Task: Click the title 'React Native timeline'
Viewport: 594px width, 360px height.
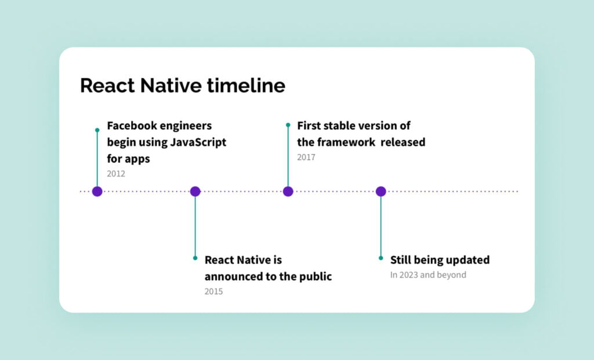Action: (182, 86)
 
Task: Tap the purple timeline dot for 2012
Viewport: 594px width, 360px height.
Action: (97, 191)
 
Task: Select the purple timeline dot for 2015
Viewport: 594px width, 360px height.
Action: (195, 191)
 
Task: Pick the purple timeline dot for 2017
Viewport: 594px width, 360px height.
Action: (288, 191)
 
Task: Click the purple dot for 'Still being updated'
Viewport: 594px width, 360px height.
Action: (381, 191)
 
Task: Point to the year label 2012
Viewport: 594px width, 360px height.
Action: (116, 173)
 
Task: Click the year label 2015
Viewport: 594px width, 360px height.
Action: (213, 291)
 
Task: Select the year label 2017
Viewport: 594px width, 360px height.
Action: (306, 157)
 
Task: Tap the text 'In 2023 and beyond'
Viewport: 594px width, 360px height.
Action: (428, 275)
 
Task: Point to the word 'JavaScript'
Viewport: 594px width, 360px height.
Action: (198, 142)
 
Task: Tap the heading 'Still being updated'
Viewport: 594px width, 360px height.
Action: (440, 260)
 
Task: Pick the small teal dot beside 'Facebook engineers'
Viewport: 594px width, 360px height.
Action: (97, 130)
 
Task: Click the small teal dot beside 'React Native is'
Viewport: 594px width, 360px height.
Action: (195, 258)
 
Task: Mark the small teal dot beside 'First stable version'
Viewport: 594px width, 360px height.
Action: (288, 125)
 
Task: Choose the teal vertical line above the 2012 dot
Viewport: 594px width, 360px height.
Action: (97, 159)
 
